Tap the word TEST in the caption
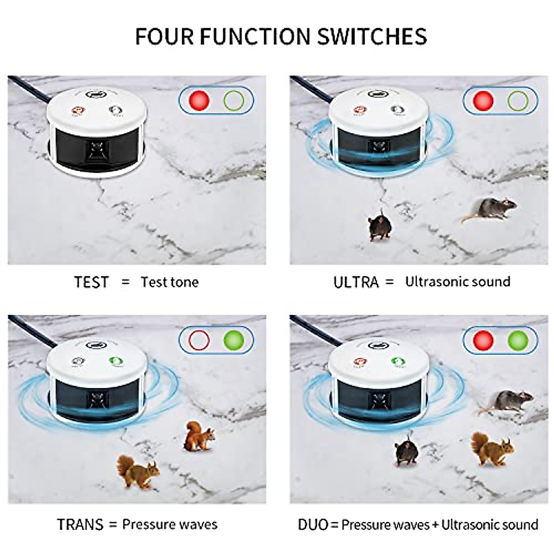[x=91, y=282]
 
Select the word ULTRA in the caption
[x=355, y=282]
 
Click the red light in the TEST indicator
[x=199, y=100]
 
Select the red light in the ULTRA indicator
[x=483, y=100]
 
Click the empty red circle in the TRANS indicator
[x=199, y=340]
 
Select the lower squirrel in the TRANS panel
[x=137, y=472]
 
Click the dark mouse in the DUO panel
[x=407, y=452]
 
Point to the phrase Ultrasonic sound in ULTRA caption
[x=458, y=282]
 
